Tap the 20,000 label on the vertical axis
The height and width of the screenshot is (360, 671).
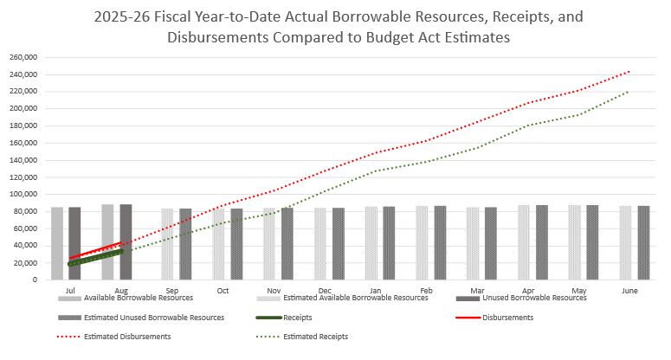[x=29, y=262]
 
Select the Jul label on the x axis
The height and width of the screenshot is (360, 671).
[x=70, y=292]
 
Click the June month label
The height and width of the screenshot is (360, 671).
[x=630, y=292]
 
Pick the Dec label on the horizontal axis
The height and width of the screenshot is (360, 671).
[x=325, y=292]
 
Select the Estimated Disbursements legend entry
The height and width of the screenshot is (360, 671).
[x=127, y=336]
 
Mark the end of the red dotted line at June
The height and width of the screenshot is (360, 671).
[x=629, y=71]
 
